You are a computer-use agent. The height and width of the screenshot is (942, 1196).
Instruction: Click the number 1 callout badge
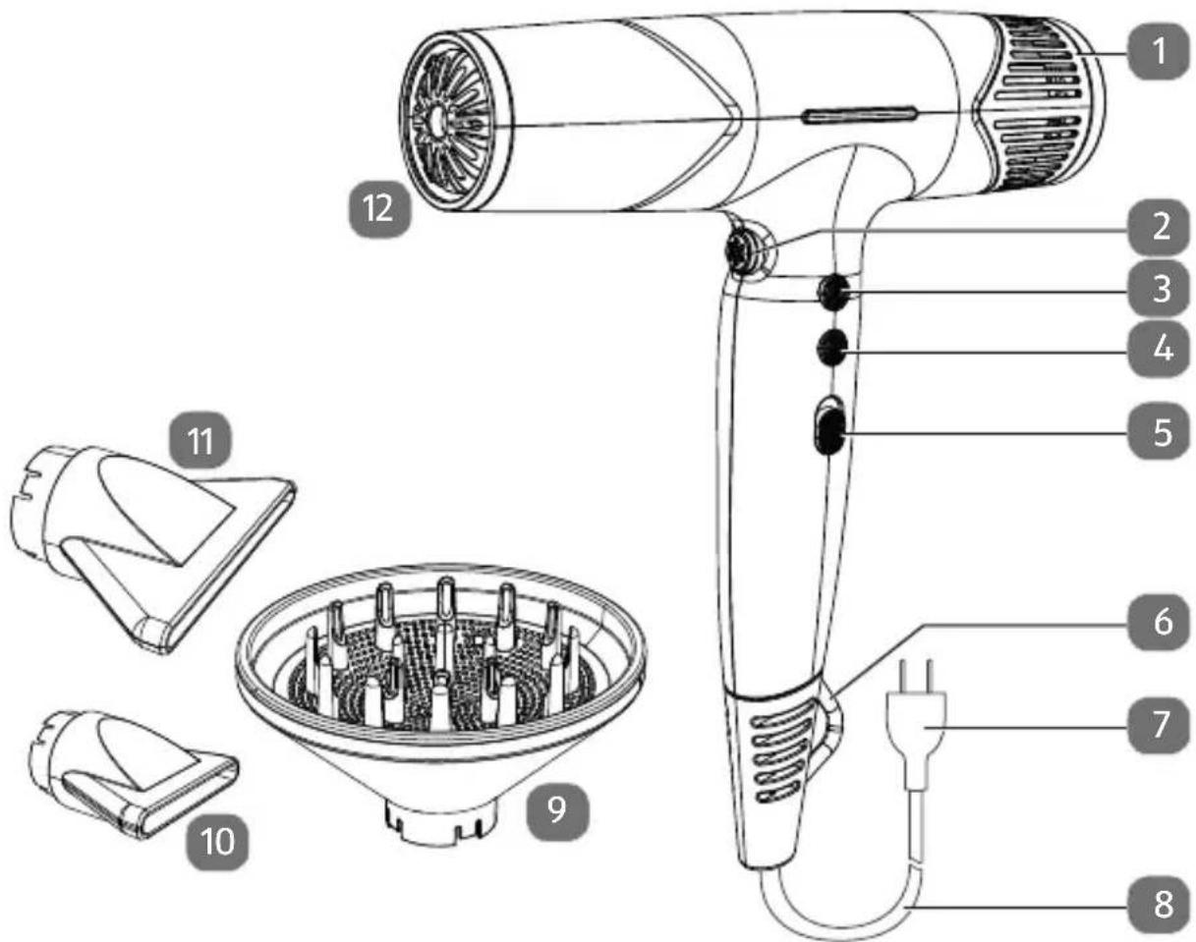click(x=1160, y=52)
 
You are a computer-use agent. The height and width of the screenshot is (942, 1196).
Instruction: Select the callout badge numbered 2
click(x=1160, y=227)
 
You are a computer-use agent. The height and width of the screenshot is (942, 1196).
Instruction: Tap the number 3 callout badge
click(x=1160, y=289)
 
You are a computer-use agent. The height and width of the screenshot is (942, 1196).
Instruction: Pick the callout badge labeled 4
click(x=1160, y=350)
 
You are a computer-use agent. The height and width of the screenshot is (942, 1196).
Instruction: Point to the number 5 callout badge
click(x=1160, y=431)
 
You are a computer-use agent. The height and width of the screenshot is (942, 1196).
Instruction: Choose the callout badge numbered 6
click(x=1160, y=622)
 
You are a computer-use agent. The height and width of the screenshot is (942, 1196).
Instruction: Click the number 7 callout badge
click(x=1160, y=725)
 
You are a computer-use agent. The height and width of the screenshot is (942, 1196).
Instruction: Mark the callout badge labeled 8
click(x=1160, y=906)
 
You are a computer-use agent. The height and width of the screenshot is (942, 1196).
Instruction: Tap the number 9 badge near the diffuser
click(x=557, y=810)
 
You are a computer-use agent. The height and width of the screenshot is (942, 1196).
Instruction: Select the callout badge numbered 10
click(x=217, y=842)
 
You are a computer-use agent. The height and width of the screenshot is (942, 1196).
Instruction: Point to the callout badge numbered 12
click(x=379, y=209)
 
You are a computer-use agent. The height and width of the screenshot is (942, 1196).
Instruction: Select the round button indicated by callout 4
click(x=832, y=349)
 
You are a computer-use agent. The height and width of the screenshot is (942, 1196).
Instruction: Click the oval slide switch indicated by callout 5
click(x=829, y=430)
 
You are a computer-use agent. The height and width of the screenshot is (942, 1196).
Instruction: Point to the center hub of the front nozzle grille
click(x=435, y=121)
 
